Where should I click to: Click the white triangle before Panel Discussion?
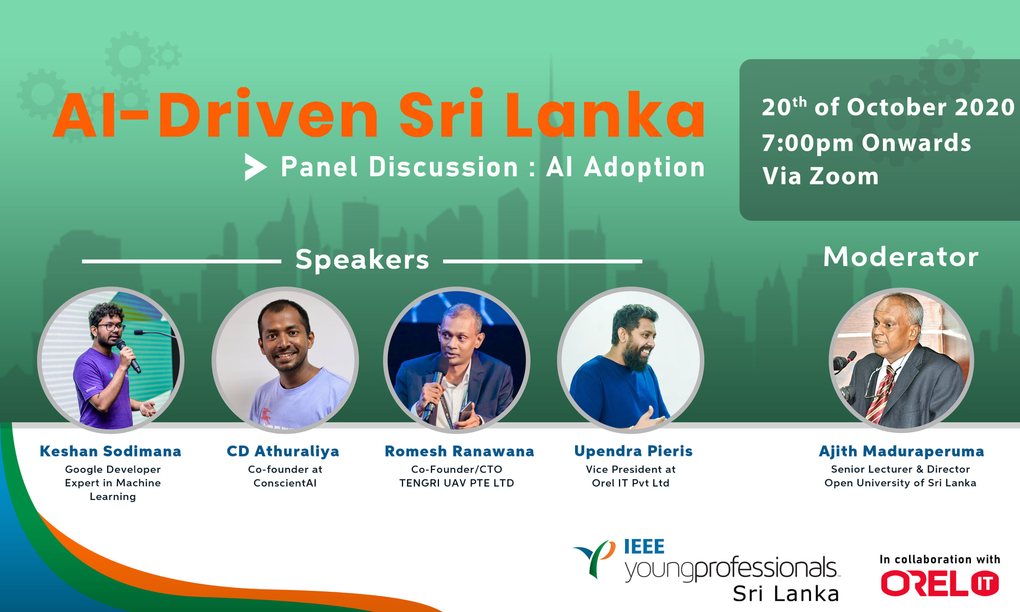pyautogui.click(x=255, y=166)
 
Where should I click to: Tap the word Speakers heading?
pyautogui.click(x=362, y=259)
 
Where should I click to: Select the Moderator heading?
pyautogui.click(x=901, y=257)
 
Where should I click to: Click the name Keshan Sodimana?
pyautogui.click(x=110, y=451)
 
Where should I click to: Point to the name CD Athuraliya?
pyautogui.click(x=283, y=451)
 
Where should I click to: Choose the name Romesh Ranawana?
pyautogui.click(x=460, y=451)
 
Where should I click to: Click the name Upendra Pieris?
pyautogui.click(x=633, y=451)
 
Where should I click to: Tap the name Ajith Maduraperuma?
pyautogui.click(x=901, y=451)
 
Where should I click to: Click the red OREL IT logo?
pyautogui.click(x=940, y=583)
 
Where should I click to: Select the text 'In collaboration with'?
pyautogui.click(x=940, y=559)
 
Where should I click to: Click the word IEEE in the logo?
pyautogui.click(x=644, y=546)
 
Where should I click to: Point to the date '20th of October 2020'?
pyautogui.click(x=888, y=107)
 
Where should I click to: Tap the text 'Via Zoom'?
pyautogui.click(x=820, y=176)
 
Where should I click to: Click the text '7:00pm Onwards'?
pyautogui.click(x=867, y=143)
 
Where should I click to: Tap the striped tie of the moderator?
pyautogui.click(x=881, y=394)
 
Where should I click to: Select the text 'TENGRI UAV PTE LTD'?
pyautogui.click(x=456, y=483)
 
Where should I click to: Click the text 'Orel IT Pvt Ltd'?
pyautogui.click(x=630, y=483)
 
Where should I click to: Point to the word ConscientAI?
pyautogui.click(x=285, y=483)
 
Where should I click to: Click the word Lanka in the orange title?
pyautogui.click(x=605, y=115)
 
